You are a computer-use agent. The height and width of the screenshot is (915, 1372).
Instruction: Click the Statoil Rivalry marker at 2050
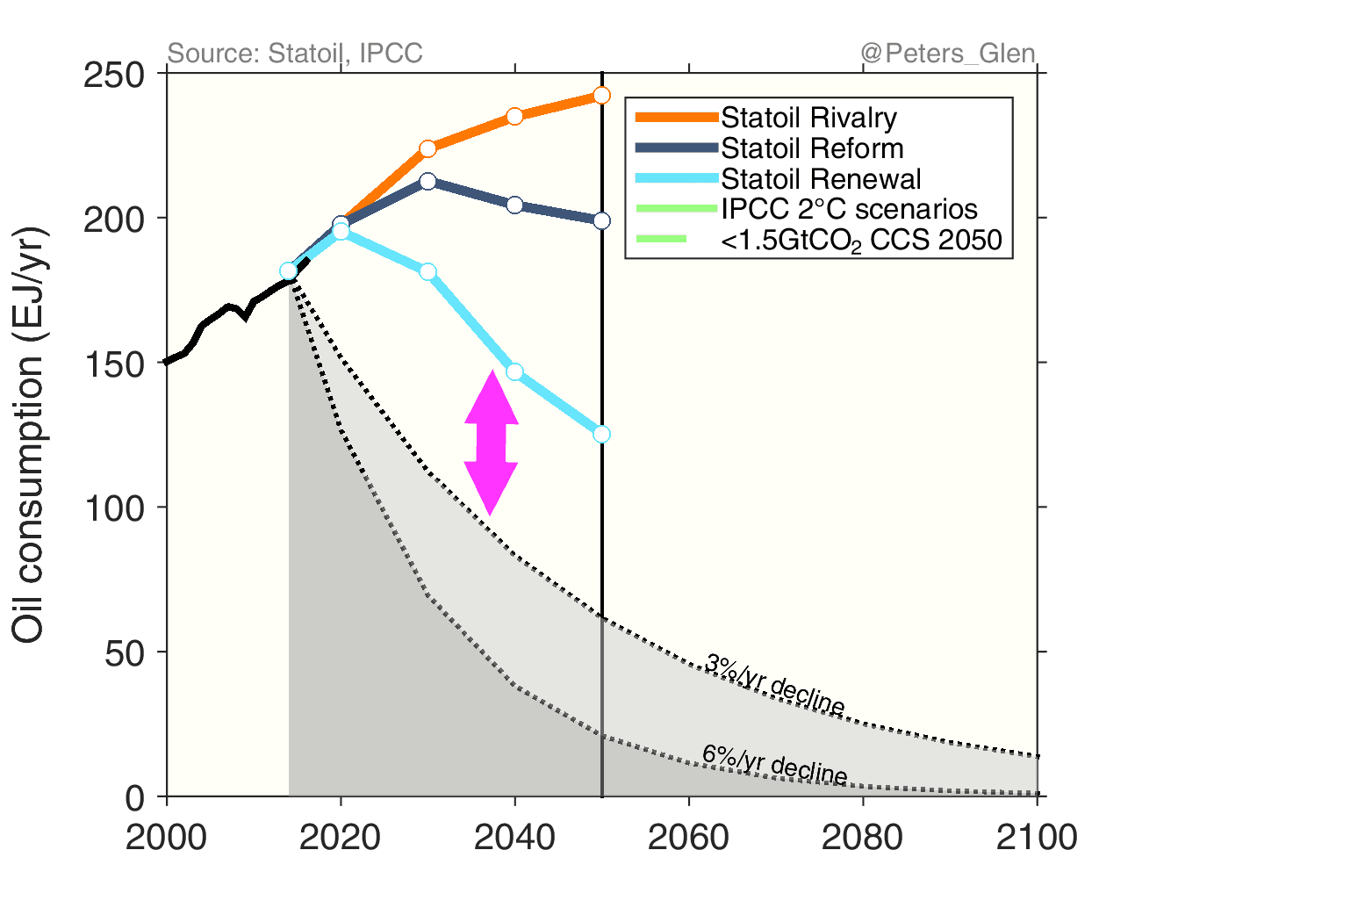(601, 95)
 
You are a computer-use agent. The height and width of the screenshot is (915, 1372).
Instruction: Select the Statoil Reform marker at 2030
(427, 182)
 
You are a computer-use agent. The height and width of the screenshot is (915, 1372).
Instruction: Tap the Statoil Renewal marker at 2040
(514, 371)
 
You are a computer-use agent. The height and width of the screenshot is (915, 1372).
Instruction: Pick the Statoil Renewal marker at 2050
(601, 434)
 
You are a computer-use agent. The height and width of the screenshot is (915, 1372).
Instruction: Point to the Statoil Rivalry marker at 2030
(427, 148)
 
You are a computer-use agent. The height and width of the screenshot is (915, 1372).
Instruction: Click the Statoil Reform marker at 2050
(601, 220)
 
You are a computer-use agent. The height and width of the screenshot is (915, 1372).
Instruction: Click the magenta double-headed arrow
(492, 443)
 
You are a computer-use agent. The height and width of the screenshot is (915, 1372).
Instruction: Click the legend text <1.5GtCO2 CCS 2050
(861, 241)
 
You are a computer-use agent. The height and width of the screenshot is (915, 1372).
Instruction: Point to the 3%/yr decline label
(774, 684)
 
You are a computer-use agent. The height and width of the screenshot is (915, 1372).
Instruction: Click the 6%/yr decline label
(774, 764)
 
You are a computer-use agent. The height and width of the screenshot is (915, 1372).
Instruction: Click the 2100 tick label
(1037, 837)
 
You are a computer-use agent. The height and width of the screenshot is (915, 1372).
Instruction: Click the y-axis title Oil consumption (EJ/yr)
(28, 435)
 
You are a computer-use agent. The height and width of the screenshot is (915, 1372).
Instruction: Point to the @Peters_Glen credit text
(948, 54)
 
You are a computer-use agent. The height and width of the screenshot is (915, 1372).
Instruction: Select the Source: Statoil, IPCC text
(295, 54)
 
